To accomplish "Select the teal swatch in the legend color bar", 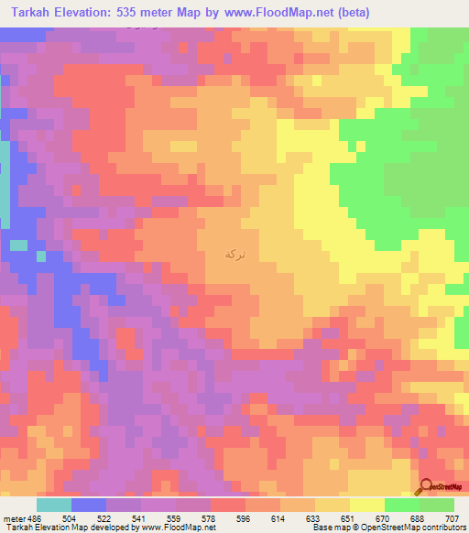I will (x=54, y=505).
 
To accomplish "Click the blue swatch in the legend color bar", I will (x=89, y=505).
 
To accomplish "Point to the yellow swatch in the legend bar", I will (x=367, y=505).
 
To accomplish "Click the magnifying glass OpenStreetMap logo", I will (x=426, y=487).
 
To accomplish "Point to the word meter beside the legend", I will (x=13, y=517).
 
